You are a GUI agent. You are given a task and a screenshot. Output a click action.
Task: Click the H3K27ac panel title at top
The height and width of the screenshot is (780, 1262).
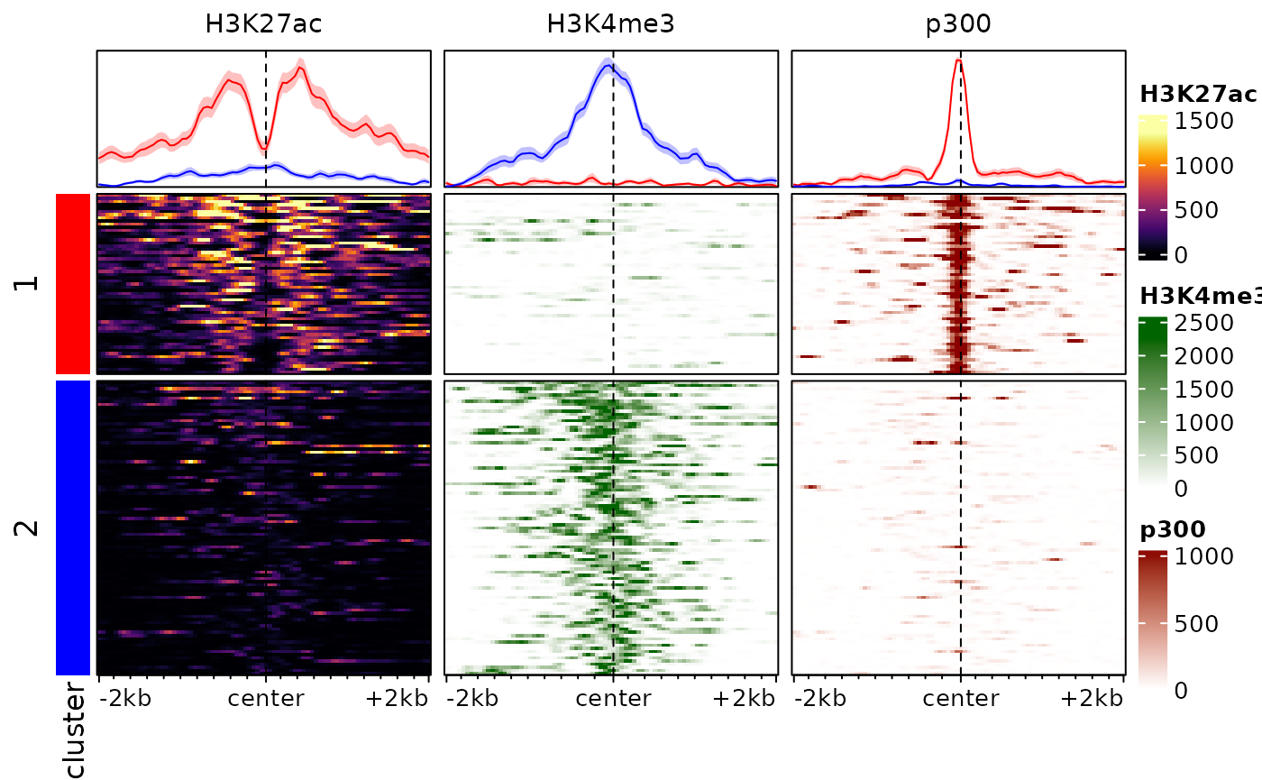tap(263, 24)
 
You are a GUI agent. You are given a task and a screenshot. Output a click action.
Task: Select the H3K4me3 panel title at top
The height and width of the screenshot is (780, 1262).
tap(610, 24)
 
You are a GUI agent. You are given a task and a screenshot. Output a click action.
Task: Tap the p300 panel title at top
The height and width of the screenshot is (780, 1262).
tap(958, 24)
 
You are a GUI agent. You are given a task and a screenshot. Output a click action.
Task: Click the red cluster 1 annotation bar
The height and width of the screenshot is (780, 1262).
tap(73, 283)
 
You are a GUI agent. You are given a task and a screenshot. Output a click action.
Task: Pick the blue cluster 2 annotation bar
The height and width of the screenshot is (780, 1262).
tap(73, 528)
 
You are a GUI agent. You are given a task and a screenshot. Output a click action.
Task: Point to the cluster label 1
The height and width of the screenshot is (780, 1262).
tap(29, 284)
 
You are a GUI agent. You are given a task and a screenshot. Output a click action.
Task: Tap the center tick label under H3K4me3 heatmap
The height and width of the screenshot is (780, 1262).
tap(613, 699)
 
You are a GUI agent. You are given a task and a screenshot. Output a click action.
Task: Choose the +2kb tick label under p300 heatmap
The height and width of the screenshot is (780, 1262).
tap(1091, 699)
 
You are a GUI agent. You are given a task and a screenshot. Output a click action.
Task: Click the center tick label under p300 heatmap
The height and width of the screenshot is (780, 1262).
tap(960, 699)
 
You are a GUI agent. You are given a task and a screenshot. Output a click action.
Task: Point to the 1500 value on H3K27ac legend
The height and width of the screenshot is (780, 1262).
tap(1204, 121)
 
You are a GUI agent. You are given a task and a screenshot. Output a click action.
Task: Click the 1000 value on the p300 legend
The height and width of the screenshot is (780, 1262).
tap(1204, 556)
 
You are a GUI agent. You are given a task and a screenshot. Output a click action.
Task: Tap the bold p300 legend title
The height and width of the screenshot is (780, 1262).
tap(1173, 529)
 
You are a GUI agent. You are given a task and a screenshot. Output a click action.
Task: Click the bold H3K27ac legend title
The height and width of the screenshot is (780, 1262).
tap(1198, 94)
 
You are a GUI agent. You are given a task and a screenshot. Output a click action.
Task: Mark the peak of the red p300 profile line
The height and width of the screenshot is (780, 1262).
tap(959, 60)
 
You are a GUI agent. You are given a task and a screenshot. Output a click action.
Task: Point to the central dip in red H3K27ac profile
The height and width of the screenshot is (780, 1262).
tap(265, 147)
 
